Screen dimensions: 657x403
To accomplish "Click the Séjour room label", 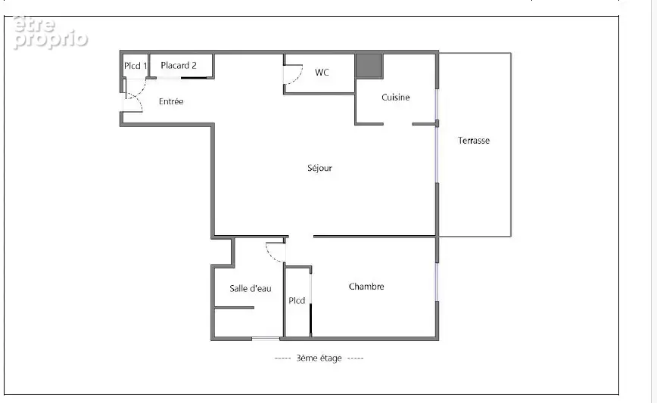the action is tap(319, 168).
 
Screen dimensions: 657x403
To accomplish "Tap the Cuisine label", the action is tap(396, 98).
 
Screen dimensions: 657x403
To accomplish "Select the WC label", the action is tap(322, 73).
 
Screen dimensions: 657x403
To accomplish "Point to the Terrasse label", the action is tap(474, 141).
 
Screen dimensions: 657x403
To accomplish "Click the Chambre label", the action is tap(366, 287).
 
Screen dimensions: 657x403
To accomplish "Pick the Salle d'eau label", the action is tap(251, 288).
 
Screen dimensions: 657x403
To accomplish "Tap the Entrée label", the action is tap(171, 101).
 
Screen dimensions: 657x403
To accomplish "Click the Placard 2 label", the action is tap(179, 65).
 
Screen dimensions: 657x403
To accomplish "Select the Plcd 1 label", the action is tap(135, 66).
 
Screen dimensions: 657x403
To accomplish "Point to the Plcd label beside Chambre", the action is tap(297, 300).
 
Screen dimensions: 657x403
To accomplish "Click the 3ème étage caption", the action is tap(319, 358).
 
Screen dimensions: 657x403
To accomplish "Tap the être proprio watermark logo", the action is tap(50, 33).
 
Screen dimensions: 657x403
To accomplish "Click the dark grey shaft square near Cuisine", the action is tap(369, 65).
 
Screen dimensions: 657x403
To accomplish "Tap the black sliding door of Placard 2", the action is tap(194, 78).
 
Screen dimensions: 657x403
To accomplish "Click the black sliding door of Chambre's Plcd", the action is tap(311, 319).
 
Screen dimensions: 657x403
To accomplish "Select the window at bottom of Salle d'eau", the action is tap(266, 338).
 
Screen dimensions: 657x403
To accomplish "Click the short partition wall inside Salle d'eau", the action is tap(234, 308).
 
